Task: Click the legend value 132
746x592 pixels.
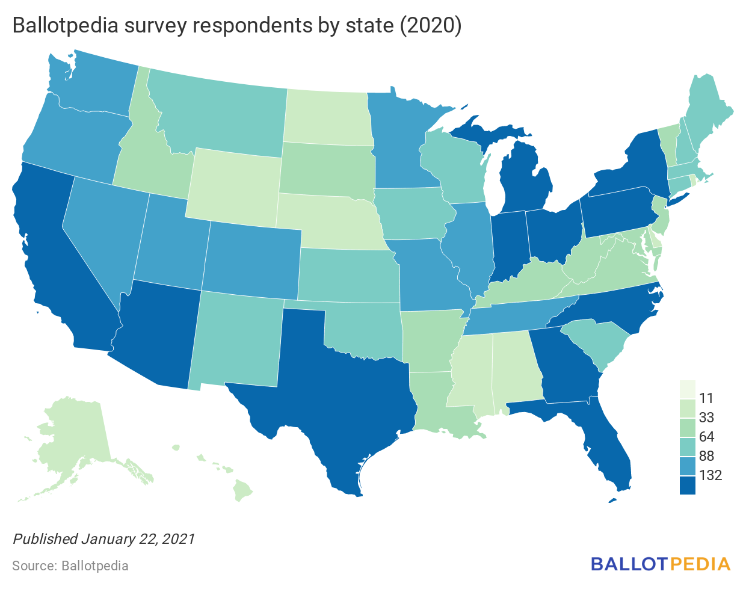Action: tap(711, 475)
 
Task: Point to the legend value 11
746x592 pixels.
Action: tap(706, 398)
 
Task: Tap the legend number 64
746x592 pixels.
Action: tap(707, 437)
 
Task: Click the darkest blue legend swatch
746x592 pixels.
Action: tap(687, 485)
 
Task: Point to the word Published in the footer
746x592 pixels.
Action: tap(45, 538)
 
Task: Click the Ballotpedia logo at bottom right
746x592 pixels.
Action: tap(661, 564)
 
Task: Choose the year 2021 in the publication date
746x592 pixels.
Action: tap(179, 538)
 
